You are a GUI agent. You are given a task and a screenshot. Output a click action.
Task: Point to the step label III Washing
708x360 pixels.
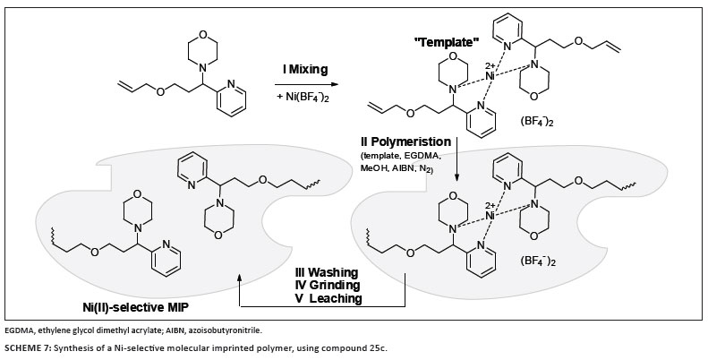(x=327, y=271)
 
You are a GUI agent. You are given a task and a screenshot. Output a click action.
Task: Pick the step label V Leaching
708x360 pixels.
(x=329, y=298)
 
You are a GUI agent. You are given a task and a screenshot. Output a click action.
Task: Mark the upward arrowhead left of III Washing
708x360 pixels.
(x=240, y=279)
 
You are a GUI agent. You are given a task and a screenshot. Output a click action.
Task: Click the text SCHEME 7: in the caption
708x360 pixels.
(x=32, y=347)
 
